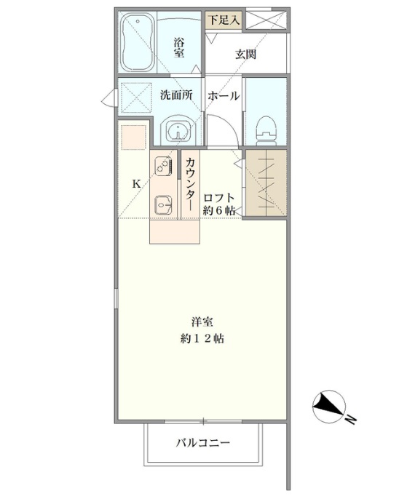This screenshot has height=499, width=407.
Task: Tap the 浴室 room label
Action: pos(179,47)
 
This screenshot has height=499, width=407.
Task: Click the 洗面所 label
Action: pos(176,95)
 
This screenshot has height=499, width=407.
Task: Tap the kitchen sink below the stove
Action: pos(162,205)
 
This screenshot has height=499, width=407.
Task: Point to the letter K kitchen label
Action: pos(136,184)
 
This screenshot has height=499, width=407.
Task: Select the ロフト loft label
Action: pos(219,197)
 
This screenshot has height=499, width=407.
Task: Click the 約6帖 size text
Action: pos(219,210)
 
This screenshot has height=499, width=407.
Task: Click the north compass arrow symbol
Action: pos(329,407)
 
